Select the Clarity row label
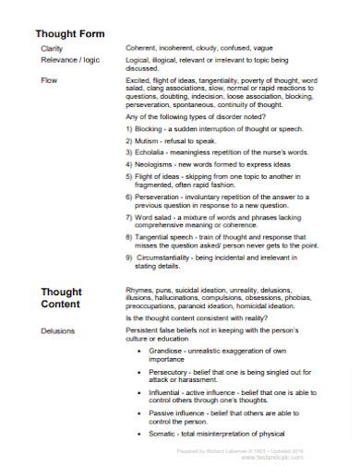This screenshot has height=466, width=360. pos(52,46)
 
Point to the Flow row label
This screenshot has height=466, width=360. pos(49,81)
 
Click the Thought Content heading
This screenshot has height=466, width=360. pos(62,299)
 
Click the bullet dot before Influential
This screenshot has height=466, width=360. pos(138,392)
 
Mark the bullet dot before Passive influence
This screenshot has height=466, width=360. pos(138,412)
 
